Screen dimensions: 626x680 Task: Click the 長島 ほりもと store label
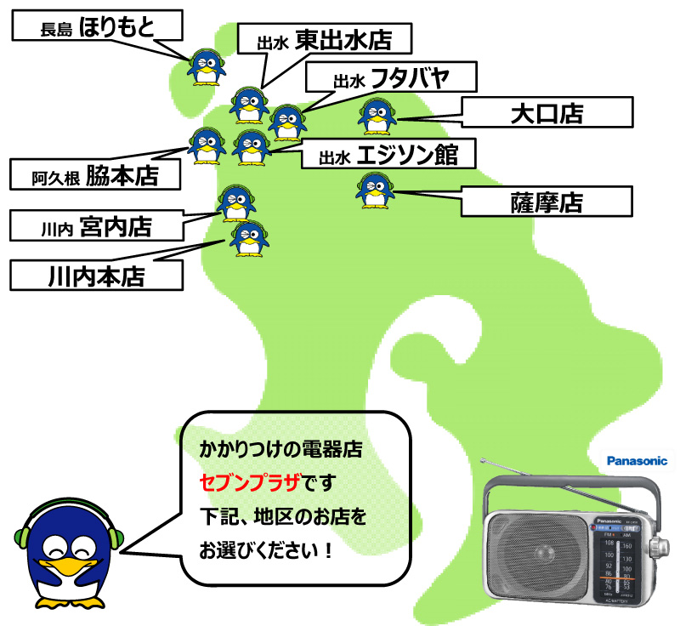pyautogui.click(x=98, y=26)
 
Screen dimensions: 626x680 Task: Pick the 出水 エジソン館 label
pyautogui.click(x=388, y=156)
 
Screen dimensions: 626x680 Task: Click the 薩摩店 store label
pyautogui.click(x=547, y=202)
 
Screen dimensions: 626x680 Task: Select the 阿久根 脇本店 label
pyautogui.click(x=96, y=176)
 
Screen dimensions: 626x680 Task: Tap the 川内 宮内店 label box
pyautogui.click(x=96, y=227)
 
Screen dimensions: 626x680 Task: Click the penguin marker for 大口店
pyautogui.click(x=376, y=117)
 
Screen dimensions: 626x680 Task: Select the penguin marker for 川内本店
pyautogui.click(x=247, y=239)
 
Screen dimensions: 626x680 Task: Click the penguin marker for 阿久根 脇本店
pyautogui.click(x=205, y=145)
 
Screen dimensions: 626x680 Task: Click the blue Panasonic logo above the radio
pyautogui.click(x=637, y=461)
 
